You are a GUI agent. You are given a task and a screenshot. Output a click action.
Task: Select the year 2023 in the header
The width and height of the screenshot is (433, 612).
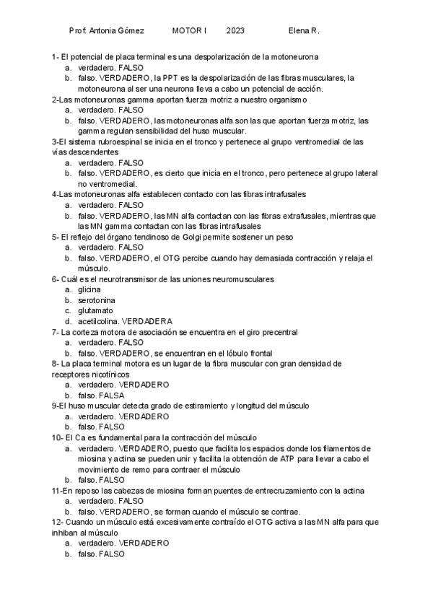click(x=235, y=32)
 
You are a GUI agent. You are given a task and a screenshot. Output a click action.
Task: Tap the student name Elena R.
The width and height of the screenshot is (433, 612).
click(x=303, y=32)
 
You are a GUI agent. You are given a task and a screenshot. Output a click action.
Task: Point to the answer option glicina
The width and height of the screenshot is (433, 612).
click(x=89, y=289)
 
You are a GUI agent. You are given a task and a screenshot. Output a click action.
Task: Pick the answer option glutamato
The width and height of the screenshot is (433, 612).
click(x=95, y=311)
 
